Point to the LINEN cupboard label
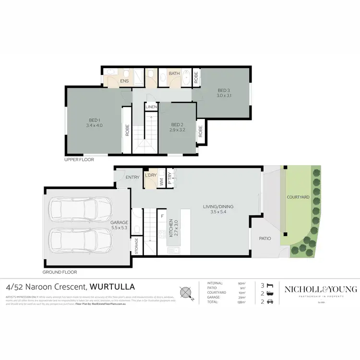pos(152,107)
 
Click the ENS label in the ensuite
pos(124,82)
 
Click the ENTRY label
pos(132,178)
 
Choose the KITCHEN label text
pos(170,230)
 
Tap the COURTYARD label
pos(298,197)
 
